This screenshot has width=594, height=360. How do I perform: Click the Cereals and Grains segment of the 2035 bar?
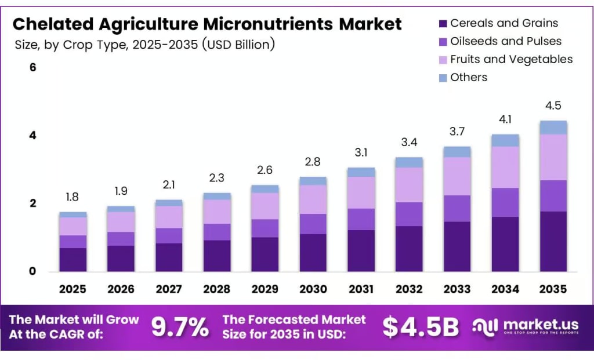tap(553, 241)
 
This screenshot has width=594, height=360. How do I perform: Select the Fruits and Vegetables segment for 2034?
tap(505, 167)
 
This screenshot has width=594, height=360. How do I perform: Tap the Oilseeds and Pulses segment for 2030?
tap(313, 224)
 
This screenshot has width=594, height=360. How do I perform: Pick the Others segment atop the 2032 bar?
tap(409, 162)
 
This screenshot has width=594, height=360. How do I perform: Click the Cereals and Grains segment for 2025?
tap(73, 260)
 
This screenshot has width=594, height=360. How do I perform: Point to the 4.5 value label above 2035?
tap(553, 106)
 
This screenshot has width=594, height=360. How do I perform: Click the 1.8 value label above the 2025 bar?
tap(73, 197)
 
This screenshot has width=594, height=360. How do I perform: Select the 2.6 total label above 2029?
tap(265, 170)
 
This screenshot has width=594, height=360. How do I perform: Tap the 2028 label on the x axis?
tap(216, 289)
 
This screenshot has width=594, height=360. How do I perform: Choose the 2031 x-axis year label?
tap(361, 289)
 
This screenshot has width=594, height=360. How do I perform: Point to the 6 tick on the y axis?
tap(33, 68)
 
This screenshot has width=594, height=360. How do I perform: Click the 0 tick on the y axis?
tap(33, 271)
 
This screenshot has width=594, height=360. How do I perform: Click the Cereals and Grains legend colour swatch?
tap(443, 24)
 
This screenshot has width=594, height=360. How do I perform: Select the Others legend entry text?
tap(469, 77)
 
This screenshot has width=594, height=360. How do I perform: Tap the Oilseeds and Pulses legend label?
tap(506, 41)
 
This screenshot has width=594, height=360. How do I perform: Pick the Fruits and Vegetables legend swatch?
tap(443, 60)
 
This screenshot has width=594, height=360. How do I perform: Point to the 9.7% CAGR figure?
tap(180, 328)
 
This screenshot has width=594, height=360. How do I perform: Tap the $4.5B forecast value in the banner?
tap(421, 328)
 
